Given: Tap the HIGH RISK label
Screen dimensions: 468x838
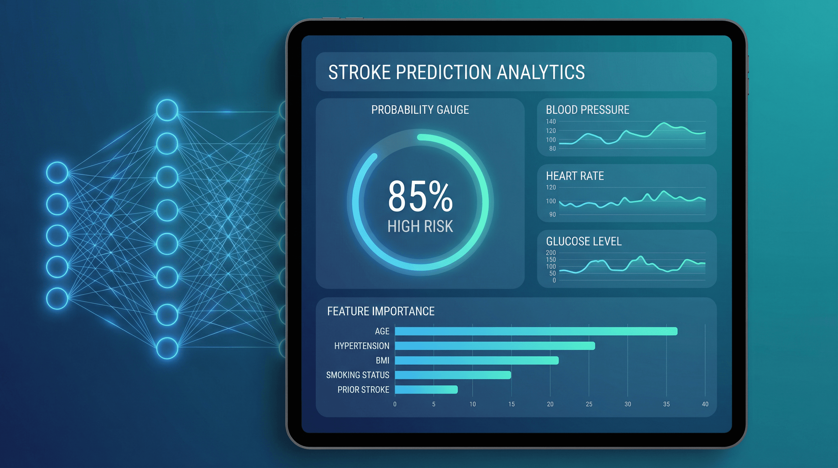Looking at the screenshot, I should (x=420, y=226).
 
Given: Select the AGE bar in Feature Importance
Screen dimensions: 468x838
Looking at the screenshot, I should (x=536, y=331).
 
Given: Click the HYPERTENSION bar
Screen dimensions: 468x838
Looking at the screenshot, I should (x=495, y=346).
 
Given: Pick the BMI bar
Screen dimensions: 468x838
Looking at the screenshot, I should (x=477, y=360).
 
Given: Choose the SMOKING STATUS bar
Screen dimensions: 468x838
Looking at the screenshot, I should (x=453, y=375).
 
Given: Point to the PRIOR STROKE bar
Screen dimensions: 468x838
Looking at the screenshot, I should (x=426, y=390).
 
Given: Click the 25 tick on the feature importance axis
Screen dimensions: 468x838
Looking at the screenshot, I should (x=589, y=404).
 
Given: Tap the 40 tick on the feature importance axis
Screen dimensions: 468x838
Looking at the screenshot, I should (x=705, y=404).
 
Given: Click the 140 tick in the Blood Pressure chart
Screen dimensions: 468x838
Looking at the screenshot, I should (x=551, y=121).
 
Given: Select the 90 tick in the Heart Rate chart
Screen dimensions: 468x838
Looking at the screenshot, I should (x=552, y=214).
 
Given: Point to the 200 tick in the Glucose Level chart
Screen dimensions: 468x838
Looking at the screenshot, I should (x=551, y=253).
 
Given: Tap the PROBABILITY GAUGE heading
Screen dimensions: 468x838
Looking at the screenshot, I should (x=420, y=110).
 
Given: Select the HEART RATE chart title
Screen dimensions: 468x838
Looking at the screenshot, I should (x=575, y=176).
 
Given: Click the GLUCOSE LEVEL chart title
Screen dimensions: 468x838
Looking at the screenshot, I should (x=584, y=242).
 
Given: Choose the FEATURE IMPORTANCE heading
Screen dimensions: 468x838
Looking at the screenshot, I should (x=381, y=311).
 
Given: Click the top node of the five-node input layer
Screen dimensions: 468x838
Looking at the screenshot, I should (x=57, y=172).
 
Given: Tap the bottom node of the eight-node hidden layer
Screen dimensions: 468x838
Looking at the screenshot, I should (x=167, y=348).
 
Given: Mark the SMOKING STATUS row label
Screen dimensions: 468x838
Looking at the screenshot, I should (x=357, y=375).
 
